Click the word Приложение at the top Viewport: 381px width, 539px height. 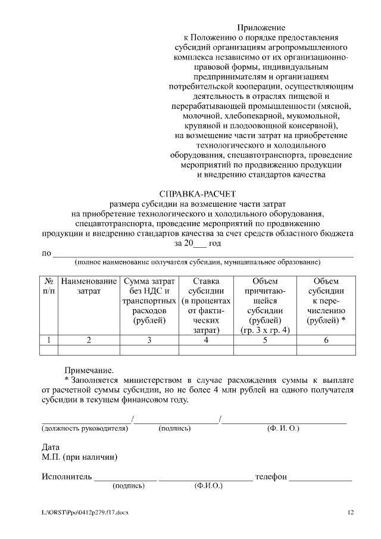261,28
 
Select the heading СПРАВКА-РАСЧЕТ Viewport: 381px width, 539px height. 198,194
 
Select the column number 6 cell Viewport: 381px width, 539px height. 326,340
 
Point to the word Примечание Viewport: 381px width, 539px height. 89,370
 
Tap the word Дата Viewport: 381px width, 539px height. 51,447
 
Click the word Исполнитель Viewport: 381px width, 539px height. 67,477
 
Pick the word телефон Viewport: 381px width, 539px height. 271,477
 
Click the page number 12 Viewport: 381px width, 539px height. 350,512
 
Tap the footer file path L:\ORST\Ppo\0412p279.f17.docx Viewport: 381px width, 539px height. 85,512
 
